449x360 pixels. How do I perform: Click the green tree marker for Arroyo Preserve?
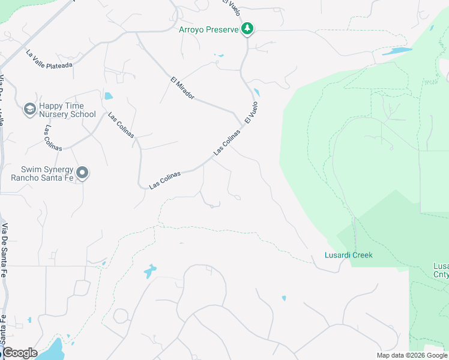pos(247,29)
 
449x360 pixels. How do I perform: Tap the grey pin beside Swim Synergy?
pos(83,173)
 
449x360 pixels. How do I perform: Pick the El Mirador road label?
pos(182,88)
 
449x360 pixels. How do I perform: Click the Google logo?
pos(20,353)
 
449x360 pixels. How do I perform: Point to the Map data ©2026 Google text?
pos(411,355)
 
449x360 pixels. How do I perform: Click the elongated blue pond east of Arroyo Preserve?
pos(397,51)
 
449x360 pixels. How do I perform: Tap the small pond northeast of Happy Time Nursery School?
pos(108,95)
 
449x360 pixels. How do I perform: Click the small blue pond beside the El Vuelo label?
pos(257,92)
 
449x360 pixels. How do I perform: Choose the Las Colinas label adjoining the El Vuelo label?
pos(227,142)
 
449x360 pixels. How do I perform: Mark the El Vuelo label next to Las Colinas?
pos(251,112)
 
